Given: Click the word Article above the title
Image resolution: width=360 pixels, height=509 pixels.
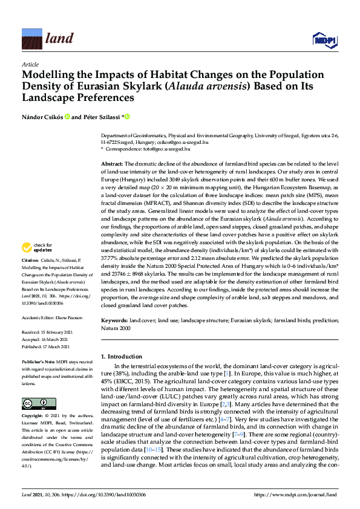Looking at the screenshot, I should pyautogui.click(x=30, y=64).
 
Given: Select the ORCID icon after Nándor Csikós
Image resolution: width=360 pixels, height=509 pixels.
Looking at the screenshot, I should pyautogui.click(x=68, y=117).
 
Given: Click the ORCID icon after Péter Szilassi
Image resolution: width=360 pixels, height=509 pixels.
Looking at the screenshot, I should pyautogui.click(x=128, y=117).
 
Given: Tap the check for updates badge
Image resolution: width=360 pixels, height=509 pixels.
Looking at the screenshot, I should pyautogui.click(x=37, y=247).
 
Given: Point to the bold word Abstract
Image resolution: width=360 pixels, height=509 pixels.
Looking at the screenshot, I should pyautogui.click(x=111, y=164).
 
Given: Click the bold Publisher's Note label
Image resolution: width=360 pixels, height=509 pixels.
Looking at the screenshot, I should pyautogui.click(x=41, y=360).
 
